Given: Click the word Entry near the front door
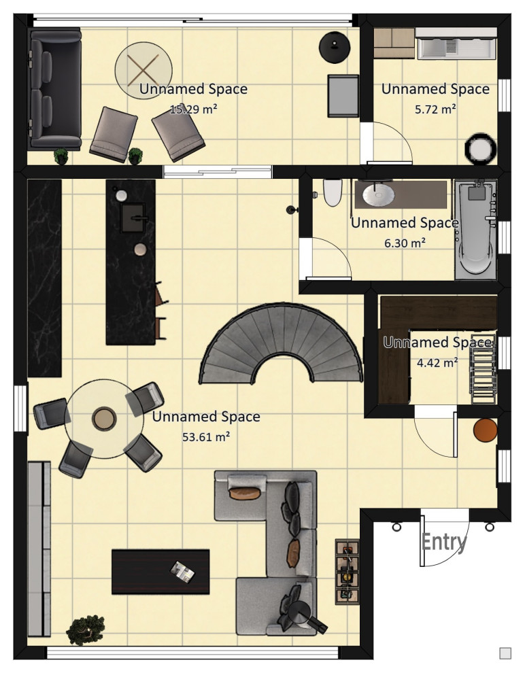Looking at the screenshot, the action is (x=443, y=542).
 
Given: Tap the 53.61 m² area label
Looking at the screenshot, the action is (x=206, y=437).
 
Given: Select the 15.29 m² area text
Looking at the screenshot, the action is (x=193, y=109).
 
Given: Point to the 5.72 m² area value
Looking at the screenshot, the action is (x=435, y=109).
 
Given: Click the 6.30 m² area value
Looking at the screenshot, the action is (x=405, y=243).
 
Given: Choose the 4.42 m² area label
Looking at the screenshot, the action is (x=437, y=362).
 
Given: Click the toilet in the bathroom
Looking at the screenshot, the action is (x=333, y=192).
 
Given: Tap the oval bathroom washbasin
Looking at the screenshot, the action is (x=379, y=194).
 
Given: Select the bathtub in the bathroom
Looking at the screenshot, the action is (x=475, y=229).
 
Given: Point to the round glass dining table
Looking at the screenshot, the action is (x=104, y=419).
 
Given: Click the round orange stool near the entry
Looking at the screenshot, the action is (x=486, y=430).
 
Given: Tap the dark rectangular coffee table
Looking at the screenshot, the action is (x=160, y=572).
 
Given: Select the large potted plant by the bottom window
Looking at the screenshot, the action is (x=86, y=629).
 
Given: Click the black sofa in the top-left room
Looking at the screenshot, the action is (x=54, y=89).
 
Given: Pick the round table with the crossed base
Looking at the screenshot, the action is (x=143, y=71).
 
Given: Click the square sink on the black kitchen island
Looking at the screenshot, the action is (x=133, y=218).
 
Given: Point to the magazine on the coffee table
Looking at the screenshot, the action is (x=182, y=572).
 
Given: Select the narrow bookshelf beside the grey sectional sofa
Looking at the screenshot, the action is (x=347, y=572).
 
